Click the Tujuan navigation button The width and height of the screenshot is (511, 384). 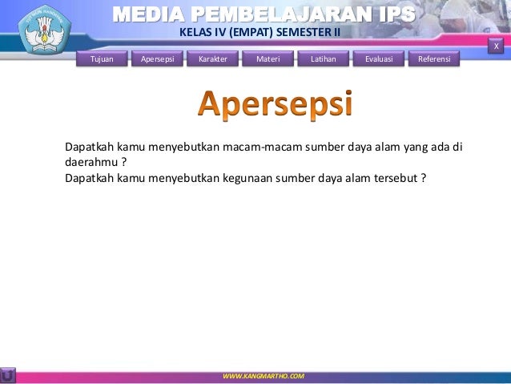coord(103,59)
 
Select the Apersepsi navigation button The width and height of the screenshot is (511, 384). coord(158,59)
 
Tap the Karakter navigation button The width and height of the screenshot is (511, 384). coord(213,59)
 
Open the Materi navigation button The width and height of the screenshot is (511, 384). coord(268,59)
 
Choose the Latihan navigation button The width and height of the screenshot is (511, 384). coord(324,59)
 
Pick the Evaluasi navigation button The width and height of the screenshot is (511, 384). coord(379,59)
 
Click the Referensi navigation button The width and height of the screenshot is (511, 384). coord(434,59)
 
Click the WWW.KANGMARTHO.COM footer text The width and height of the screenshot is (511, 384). coord(264,375)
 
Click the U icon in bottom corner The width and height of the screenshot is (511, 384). coord(8,375)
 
